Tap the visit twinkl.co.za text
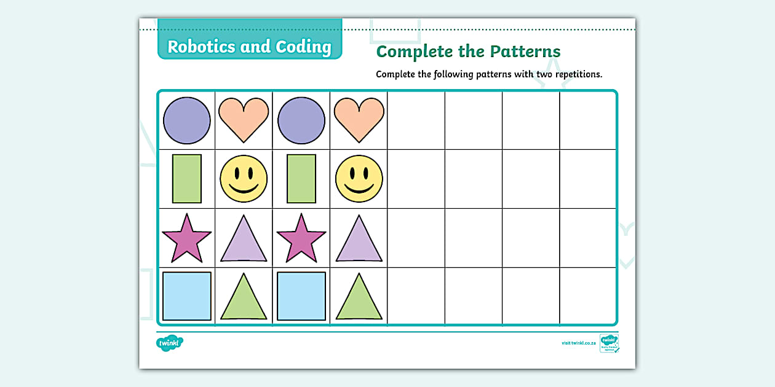tap(578, 343)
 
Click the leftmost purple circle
tap(186, 120)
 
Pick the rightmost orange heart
tap(359, 119)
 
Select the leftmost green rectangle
tap(186, 179)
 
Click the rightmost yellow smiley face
tap(359, 179)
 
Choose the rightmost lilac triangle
tap(359, 240)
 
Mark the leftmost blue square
tap(186, 296)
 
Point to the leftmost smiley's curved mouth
tap(244, 189)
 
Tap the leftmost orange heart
tap(244, 119)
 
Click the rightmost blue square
tap(301, 296)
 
